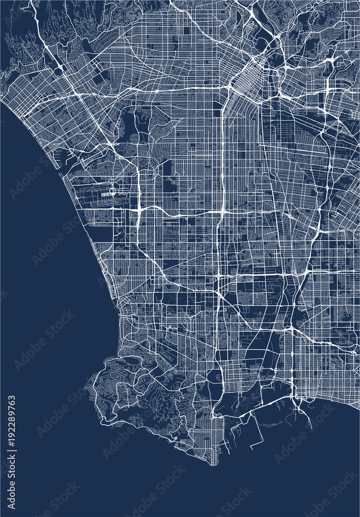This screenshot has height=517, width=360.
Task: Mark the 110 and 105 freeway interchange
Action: tap(222, 211)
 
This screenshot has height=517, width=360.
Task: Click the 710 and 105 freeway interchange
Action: tap(317, 227)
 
